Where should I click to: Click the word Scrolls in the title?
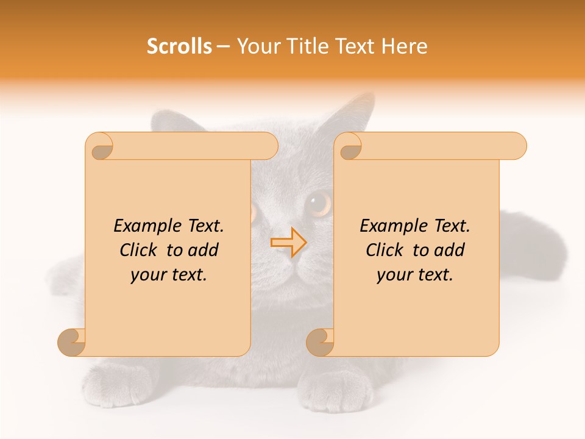pos(179,46)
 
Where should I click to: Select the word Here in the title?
pos(404,46)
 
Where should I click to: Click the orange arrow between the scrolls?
pos(289,242)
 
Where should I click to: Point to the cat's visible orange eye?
pos(319,203)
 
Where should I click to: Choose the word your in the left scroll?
pos(147,274)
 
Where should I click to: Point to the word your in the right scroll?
pos(393,274)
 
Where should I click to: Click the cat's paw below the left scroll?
pos(110,384)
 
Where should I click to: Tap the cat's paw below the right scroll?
pos(338,390)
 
